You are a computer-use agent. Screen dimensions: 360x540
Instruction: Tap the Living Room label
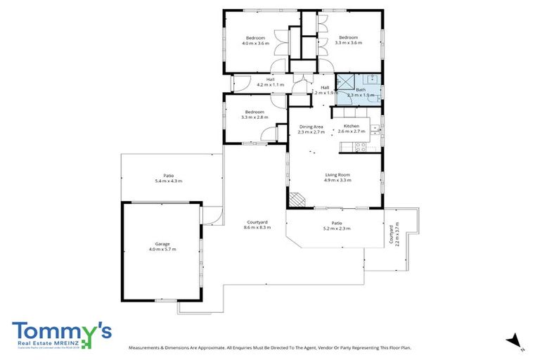point(337,174)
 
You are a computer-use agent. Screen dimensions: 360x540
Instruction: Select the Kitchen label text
point(350,126)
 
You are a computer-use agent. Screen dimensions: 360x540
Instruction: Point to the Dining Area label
point(310,126)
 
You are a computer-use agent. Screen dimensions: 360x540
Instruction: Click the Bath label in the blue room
point(361,90)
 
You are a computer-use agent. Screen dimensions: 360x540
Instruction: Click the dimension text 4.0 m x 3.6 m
point(255,43)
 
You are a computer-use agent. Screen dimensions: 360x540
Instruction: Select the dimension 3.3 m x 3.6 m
point(349,43)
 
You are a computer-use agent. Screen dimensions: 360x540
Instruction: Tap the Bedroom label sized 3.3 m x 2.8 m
point(255,112)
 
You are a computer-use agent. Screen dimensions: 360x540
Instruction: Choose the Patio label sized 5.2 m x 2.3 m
point(336,223)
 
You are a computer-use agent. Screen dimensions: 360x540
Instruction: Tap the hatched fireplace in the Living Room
point(300,200)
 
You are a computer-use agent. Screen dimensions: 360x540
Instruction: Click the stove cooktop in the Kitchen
point(360,147)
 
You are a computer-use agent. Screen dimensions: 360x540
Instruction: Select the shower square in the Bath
point(344,82)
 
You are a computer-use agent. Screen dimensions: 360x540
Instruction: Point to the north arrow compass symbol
point(515,340)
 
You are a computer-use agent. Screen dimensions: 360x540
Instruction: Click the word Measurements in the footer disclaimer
point(148,347)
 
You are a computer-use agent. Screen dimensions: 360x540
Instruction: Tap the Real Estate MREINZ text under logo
point(46,342)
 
